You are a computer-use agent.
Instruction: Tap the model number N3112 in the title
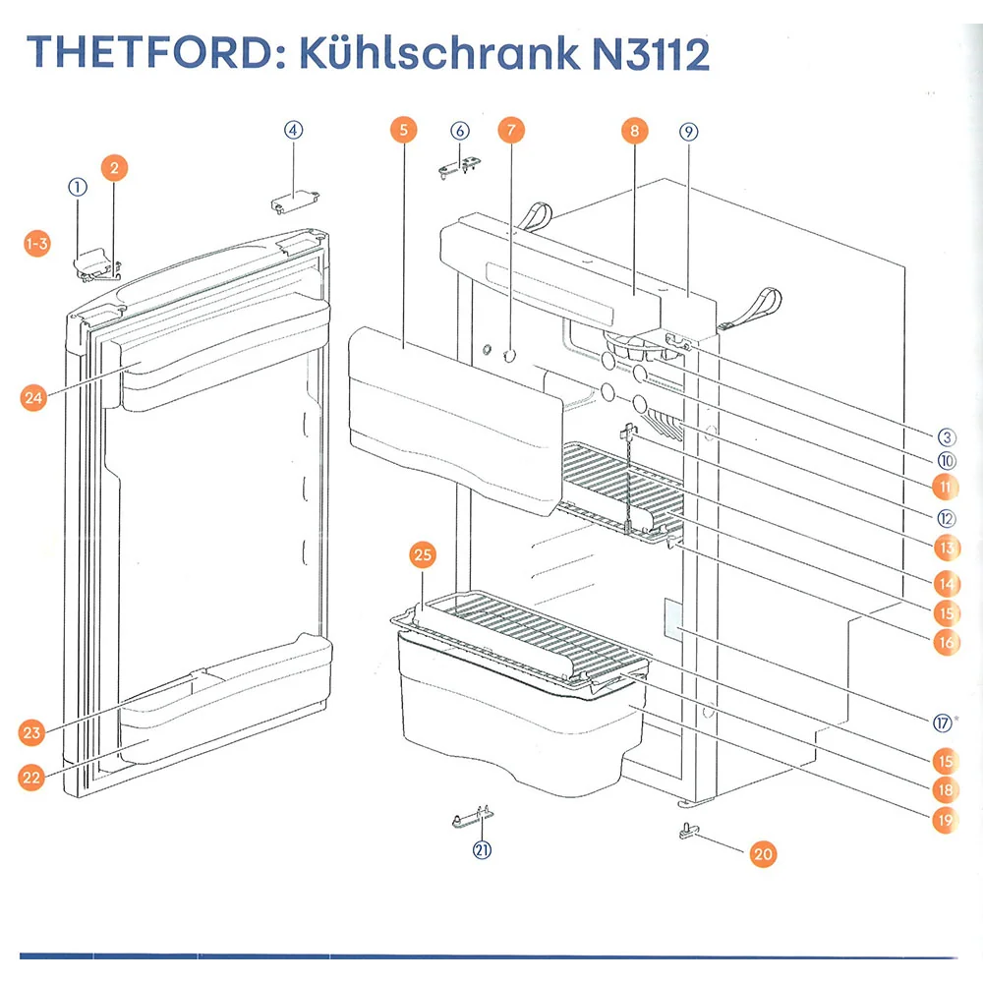coord(650,53)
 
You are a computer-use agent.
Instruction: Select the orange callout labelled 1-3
coord(37,243)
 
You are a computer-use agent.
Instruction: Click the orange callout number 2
coord(114,168)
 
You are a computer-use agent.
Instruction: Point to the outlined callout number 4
coord(293,131)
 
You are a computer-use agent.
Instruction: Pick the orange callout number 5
coord(404,130)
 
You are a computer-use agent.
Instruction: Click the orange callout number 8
coord(634,131)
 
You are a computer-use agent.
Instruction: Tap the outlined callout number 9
coord(688,132)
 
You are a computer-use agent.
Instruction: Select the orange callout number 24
coord(33,397)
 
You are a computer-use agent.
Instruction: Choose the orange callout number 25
coord(423,554)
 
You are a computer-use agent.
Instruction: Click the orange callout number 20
coord(763,854)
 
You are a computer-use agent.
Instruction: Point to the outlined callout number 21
coord(482,850)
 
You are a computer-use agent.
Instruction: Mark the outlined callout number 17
coord(943,723)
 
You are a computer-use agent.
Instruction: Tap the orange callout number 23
coord(31,732)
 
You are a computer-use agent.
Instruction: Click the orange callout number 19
coord(946,820)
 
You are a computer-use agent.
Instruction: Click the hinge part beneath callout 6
coord(459,167)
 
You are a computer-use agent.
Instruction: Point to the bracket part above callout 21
coord(473,816)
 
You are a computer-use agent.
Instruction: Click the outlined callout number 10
coord(947,461)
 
